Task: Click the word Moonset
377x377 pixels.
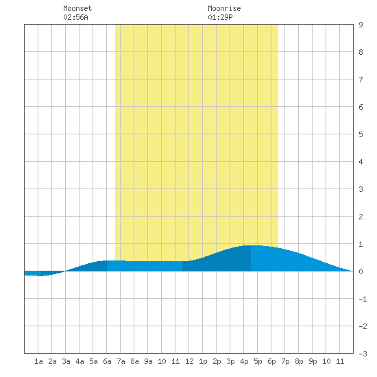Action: click(77, 8)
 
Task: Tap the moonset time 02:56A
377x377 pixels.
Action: click(75, 17)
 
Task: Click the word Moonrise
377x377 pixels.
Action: click(224, 8)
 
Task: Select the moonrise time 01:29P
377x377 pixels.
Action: click(220, 17)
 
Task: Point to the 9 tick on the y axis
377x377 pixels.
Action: click(361, 25)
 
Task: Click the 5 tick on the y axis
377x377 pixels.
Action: click(361, 134)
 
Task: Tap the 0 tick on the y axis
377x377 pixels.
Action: click(361, 271)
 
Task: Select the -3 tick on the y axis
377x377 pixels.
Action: click(363, 354)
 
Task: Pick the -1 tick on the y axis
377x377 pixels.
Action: click(363, 299)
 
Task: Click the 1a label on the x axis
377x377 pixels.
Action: click(38, 361)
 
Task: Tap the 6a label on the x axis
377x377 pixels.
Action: click(107, 361)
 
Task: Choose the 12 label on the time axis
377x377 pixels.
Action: click(189, 361)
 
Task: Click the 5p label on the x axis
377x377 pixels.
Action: click(258, 361)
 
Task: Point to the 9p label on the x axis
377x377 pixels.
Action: click(313, 361)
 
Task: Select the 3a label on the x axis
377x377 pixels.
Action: click(66, 361)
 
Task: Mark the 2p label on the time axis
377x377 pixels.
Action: click(217, 361)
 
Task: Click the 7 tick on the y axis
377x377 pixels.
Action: click(361, 80)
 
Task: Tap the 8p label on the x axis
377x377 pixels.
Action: click(299, 361)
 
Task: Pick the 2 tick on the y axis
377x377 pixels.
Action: click(361, 217)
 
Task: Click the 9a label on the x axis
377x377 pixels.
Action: click(148, 361)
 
